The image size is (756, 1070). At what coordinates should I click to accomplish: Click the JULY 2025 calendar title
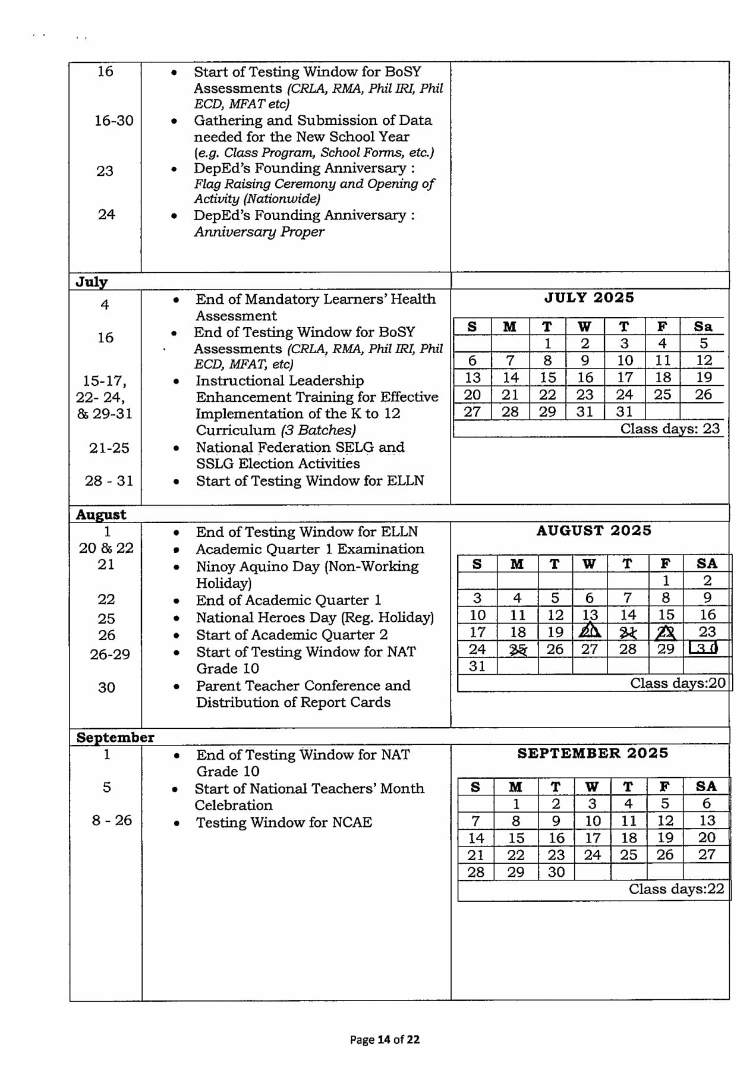pyautogui.click(x=589, y=298)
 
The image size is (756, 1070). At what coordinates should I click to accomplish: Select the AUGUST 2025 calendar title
pyautogui.click(x=593, y=531)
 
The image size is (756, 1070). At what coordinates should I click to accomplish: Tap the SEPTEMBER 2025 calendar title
pyautogui.click(x=593, y=753)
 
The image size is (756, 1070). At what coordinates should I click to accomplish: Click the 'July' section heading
pyautogui.click(x=92, y=282)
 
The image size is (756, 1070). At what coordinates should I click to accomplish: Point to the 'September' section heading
pyautogui.click(x=115, y=738)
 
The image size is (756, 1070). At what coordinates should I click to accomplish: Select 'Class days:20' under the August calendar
pyautogui.click(x=678, y=683)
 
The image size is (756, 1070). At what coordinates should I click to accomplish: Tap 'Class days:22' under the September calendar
pyautogui.click(x=676, y=889)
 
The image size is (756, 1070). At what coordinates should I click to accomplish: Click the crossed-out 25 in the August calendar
pyautogui.click(x=518, y=649)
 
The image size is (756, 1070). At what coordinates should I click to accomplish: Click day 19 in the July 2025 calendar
pyautogui.click(x=704, y=377)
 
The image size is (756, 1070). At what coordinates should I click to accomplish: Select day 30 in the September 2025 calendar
pyautogui.click(x=556, y=872)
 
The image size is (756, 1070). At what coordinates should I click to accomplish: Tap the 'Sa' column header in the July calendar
pyautogui.click(x=703, y=326)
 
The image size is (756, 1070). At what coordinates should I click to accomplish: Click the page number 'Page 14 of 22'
pyautogui.click(x=385, y=1039)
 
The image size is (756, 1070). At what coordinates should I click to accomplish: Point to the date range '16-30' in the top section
pyautogui.click(x=114, y=121)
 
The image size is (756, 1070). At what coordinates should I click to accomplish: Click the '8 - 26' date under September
pyautogui.click(x=112, y=820)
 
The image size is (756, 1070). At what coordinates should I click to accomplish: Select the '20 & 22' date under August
pyautogui.click(x=106, y=548)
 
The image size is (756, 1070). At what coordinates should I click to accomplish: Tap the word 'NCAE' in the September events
pyautogui.click(x=351, y=823)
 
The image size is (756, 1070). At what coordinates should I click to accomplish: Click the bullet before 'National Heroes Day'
pyautogui.click(x=176, y=618)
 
